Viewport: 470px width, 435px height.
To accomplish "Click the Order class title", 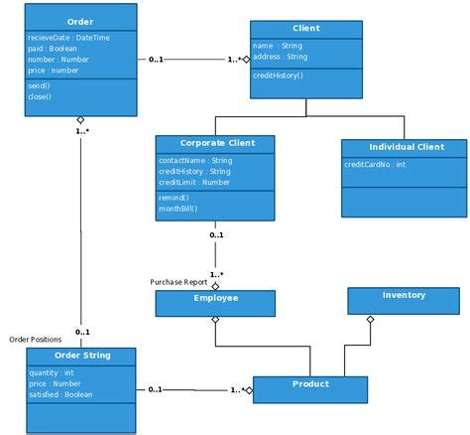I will (80, 21).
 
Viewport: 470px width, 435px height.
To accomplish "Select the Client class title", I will (305, 29).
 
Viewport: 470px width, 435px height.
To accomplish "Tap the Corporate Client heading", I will (217, 143).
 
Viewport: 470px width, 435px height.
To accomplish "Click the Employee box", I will (215, 298).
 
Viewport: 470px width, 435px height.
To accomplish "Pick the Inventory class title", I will (404, 295).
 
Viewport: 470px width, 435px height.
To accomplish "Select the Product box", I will (310, 384).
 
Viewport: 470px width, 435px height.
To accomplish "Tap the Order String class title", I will (81, 355).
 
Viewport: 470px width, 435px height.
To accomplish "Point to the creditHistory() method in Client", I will (280, 76).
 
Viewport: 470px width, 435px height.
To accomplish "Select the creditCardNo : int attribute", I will (375, 164).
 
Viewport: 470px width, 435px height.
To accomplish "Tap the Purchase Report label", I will (179, 281).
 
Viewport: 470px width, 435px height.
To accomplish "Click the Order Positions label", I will (36, 340).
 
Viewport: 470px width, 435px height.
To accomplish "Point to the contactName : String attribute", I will (195, 160).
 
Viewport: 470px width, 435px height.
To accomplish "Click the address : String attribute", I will (281, 57).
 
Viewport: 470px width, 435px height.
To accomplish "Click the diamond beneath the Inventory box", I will (370, 320).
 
